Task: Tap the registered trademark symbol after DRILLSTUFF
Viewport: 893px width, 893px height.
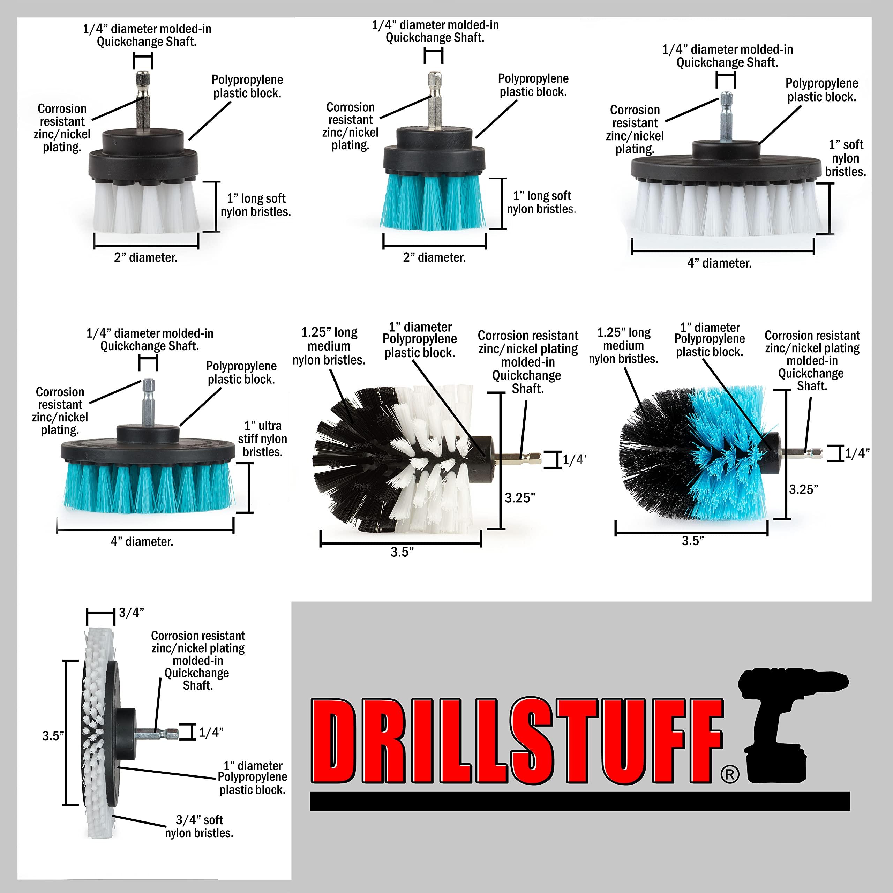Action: (x=729, y=774)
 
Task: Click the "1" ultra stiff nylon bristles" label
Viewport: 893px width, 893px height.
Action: (x=263, y=438)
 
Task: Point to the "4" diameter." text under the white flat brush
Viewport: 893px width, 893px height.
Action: (x=719, y=263)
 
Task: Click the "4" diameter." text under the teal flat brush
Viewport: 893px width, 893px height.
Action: (x=142, y=541)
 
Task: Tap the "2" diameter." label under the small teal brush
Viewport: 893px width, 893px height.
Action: (x=434, y=257)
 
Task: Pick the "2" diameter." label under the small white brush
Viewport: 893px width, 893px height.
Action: (x=145, y=257)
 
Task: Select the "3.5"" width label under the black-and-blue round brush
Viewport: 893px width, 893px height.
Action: (x=693, y=541)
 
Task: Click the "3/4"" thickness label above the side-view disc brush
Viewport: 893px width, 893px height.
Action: (x=131, y=613)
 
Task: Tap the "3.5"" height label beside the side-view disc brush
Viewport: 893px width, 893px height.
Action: (x=53, y=736)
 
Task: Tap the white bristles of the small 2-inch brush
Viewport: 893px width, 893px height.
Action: (x=145, y=208)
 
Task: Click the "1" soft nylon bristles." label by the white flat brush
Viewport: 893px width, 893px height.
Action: (x=846, y=158)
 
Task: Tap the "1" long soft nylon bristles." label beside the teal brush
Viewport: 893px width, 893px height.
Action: (x=541, y=202)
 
